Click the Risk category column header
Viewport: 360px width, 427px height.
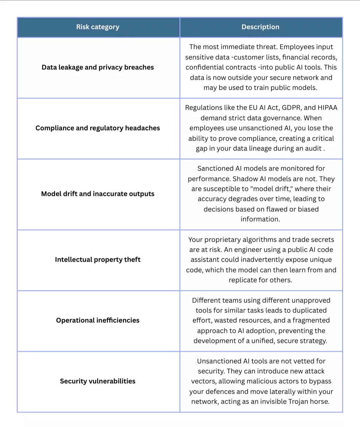click(x=98, y=27)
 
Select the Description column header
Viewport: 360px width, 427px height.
click(x=260, y=27)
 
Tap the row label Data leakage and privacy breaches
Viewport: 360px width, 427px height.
click(x=98, y=67)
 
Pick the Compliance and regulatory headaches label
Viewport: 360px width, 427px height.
click(x=98, y=128)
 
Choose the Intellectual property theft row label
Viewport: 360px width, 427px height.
click(x=98, y=259)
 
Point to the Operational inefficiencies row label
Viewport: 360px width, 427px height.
click(x=98, y=320)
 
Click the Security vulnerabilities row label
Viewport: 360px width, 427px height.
click(x=98, y=381)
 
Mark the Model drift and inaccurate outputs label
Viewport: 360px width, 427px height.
click(x=98, y=194)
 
